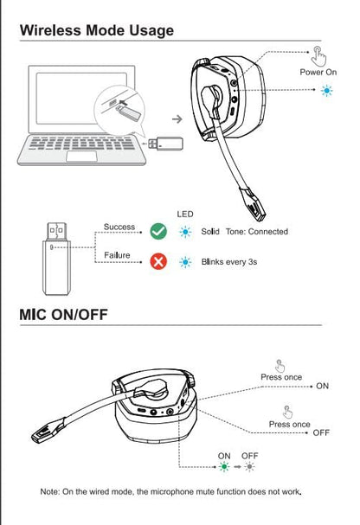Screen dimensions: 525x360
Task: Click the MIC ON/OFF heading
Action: click(63, 312)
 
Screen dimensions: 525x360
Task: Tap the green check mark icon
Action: click(158, 231)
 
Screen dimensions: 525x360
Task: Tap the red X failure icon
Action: click(158, 261)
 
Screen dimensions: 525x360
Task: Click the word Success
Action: click(119, 227)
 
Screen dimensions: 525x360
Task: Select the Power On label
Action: click(318, 73)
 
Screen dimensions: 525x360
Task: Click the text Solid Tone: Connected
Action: click(245, 232)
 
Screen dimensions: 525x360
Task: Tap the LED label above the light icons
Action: click(184, 214)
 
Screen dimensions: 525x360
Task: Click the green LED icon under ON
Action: click(225, 468)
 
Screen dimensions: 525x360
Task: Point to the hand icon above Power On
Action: click(318, 54)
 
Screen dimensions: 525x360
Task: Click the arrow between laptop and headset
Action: click(177, 117)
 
